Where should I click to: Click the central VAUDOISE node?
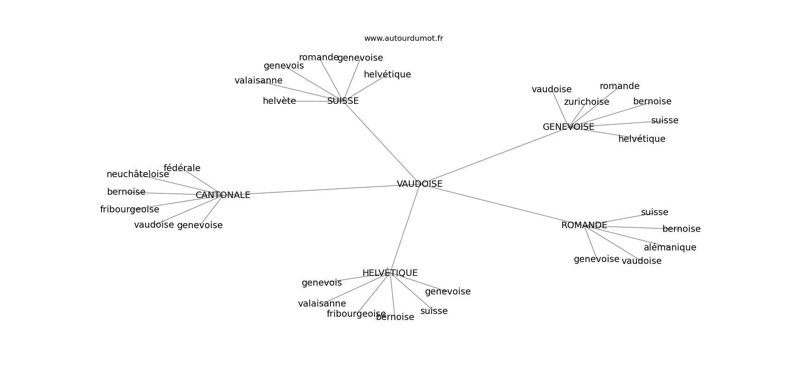(x=419, y=184)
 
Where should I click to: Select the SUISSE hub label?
(x=343, y=101)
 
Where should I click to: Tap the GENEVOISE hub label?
(x=568, y=127)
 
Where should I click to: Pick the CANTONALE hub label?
(x=223, y=195)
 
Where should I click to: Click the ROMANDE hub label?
(x=584, y=225)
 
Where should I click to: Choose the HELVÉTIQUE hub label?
(x=390, y=273)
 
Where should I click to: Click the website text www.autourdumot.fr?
(x=403, y=38)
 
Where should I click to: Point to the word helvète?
(x=279, y=101)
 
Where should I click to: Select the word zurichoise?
(x=586, y=102)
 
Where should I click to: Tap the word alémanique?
(x=670, y=248)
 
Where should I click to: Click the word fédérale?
(x=182, y=168)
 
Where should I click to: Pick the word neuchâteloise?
(x=138, y=174)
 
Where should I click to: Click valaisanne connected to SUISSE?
(x=258, y=81)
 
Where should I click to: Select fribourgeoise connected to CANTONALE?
(x=130, y=210)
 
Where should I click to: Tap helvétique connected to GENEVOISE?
(x=642, y=139)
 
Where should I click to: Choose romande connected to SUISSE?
(x=318, y=58)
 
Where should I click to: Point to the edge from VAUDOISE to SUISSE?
(x=381, y=142)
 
